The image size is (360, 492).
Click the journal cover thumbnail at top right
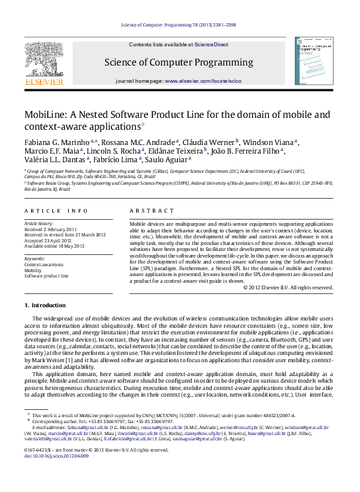pyautogui.click(x=315, y=60)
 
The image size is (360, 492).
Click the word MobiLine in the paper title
pyautogui.click(x=48, y=115)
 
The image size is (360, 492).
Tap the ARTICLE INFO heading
pyautogui.click(x=56, y=211)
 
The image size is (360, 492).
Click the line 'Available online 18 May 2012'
pyautogui.click(x=54, y=246)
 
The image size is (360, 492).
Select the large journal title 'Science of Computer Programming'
pyautogui.click(x=179, y=63)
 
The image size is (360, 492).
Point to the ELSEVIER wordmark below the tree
pyautogui.click(x=44, y=82)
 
